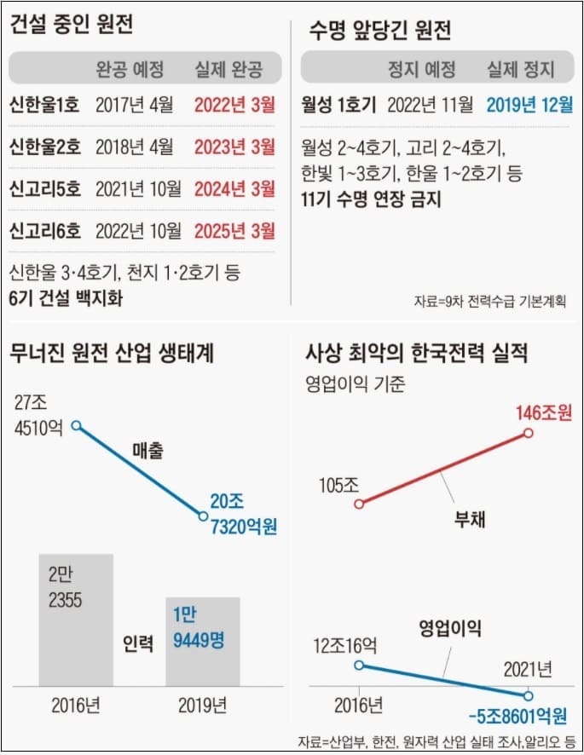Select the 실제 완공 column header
point(228,69)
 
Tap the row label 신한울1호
point(44,106)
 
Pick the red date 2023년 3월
point(234,146)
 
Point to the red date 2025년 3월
point(234,230)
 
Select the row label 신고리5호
point(44,187)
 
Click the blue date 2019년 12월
point(529,106)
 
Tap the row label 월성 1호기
point(338,106)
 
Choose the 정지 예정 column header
point(422,69)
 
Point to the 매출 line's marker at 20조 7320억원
point(203,516)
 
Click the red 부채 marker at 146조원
point(528,433)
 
